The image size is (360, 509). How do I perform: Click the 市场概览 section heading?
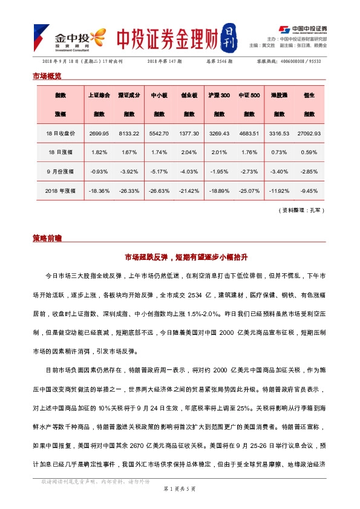pos(47,76)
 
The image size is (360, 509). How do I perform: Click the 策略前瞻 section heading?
pos(47,238)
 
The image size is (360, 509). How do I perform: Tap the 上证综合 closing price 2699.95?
pos(99,133)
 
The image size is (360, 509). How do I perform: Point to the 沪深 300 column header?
pos(219,96)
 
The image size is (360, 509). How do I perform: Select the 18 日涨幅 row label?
pos(61,152)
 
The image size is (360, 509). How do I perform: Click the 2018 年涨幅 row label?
pos(61,190)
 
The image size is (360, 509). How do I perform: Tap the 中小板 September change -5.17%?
pos(159,171)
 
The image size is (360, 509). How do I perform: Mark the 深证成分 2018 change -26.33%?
pos(129,190)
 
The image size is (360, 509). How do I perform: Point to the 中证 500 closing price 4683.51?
pos(249,133)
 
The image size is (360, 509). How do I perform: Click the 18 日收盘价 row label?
pos(61,133)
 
